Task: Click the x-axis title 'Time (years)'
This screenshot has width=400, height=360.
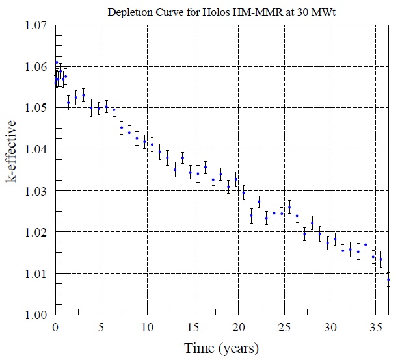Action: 221,348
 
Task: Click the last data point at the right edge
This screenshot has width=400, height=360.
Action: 388,280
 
